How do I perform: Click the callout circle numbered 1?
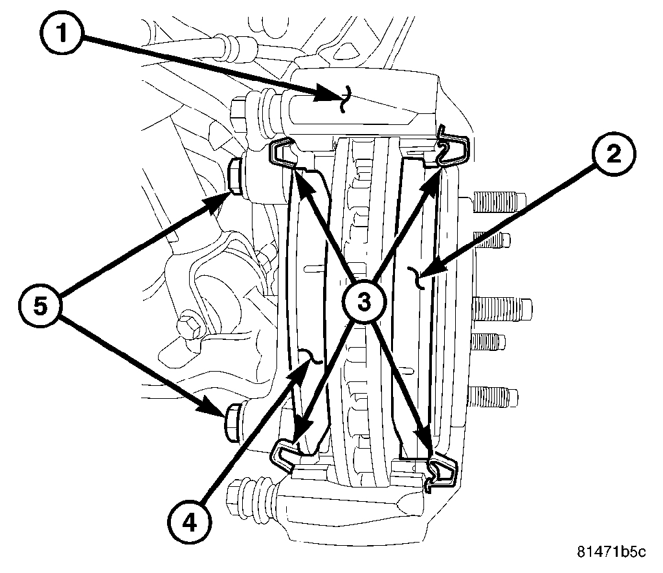[x=62, y=34]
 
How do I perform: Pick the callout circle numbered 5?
[x=41, y=306]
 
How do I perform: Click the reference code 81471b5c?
[x=611, y=552]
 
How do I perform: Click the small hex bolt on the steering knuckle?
[x=191, y=323]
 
